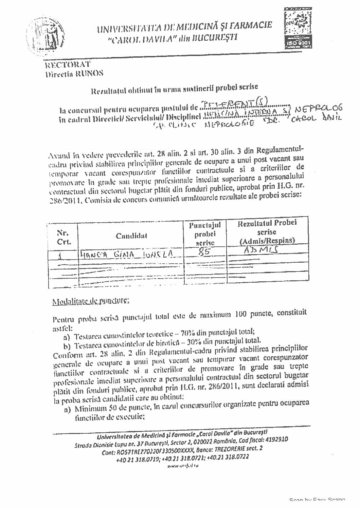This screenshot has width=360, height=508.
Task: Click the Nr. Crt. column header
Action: pos(64,238)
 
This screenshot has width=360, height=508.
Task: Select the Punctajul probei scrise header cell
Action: pos(205,233)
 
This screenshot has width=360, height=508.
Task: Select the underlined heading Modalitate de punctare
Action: pos(90,301)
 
